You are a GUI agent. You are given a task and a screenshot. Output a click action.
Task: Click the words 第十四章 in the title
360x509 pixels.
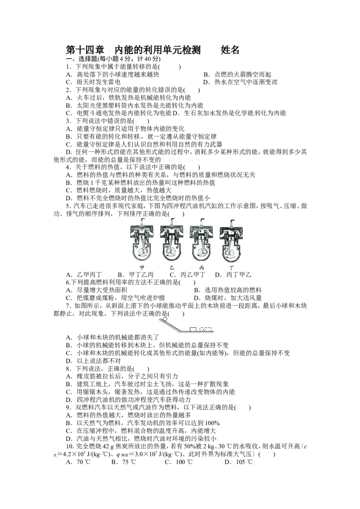[x=85, y=49]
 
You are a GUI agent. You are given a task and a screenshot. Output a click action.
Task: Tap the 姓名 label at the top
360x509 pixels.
[x=230, y=49]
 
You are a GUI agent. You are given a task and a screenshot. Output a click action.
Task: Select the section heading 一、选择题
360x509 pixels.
[x=81, y=59]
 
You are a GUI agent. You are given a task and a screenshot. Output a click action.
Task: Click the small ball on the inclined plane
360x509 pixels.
[x=165, y=319]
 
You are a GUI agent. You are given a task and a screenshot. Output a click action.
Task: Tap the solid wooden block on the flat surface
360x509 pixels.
[x=193, y=329]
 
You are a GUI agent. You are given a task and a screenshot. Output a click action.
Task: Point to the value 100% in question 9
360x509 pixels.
[x=212, y=423]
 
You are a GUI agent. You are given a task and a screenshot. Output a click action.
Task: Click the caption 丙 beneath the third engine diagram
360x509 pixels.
[x=202, y=268]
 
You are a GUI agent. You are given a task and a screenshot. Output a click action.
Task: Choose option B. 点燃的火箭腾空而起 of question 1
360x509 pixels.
[x=238, y=74]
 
